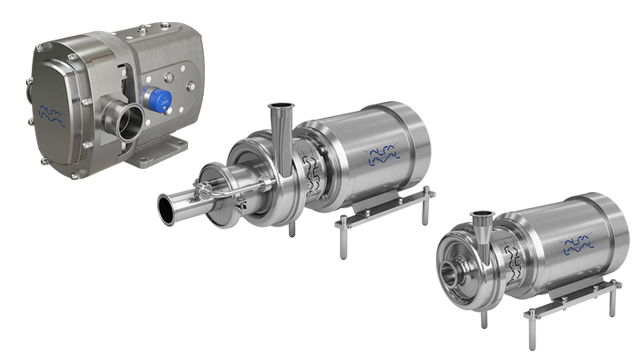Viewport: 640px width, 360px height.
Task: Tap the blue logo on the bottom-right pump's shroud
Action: (576, 243)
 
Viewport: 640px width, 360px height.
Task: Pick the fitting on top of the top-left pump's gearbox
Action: (142, 31)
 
